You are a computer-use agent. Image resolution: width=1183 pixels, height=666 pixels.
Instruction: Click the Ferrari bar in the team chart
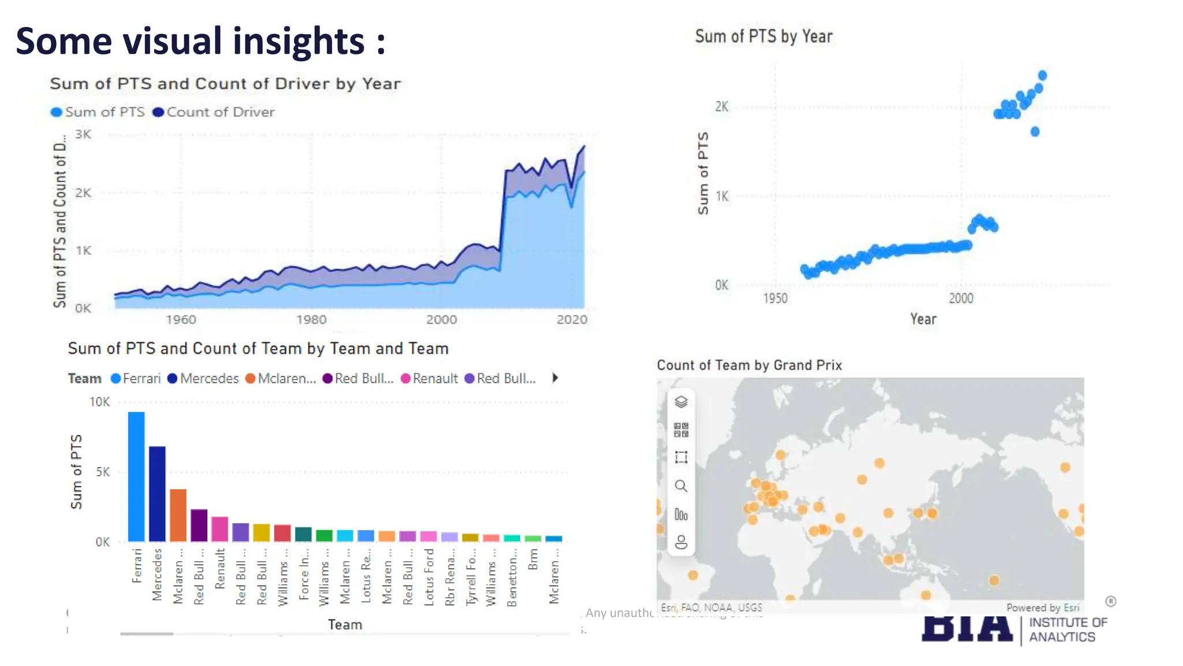(x=136, y=476)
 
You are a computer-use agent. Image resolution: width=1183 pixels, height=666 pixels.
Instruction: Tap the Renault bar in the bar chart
(x=220, y=528)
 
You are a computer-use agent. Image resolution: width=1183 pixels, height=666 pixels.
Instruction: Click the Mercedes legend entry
(x=203, y=379)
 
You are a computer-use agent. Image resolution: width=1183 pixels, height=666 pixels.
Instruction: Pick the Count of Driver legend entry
(x=214, y=112)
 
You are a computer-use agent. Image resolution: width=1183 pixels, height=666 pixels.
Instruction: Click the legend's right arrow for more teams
(x=555, y=378)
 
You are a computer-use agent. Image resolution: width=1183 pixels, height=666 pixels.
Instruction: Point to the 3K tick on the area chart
(x=83, y=134)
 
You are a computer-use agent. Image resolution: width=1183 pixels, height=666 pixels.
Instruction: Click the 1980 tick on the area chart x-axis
(x=311, y=320)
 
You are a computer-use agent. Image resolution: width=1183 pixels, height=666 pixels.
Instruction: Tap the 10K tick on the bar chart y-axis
(x=99, y=402)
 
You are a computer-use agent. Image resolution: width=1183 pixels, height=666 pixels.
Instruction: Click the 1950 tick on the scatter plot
(x=775, y=298)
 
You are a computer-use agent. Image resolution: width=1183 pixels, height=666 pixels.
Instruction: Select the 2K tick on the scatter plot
(x=721, y=106)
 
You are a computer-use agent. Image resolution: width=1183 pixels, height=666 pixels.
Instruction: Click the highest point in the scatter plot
(x=1042, y=76)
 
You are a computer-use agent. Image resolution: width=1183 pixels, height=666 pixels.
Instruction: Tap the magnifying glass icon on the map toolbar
(x=681, y=486)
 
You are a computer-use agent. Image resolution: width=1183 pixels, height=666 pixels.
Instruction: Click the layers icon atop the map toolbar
(x=681, y=402)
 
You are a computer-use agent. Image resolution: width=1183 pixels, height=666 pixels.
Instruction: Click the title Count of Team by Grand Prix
(x=749, y=365)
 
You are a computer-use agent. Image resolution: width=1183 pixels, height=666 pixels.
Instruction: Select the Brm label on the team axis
(x=533, y=560)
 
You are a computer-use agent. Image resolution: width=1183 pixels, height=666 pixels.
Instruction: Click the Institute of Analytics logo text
(x=1067, y=630)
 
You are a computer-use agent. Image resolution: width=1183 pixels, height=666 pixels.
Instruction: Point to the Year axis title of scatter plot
(x=923, y=319)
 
